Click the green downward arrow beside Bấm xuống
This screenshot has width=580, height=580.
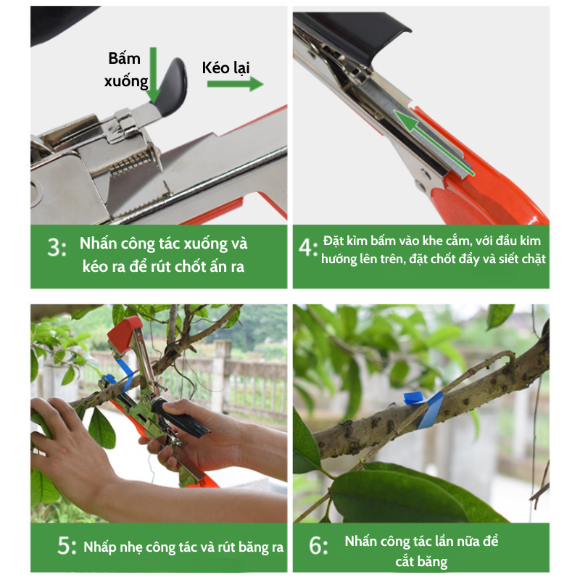[154, 75]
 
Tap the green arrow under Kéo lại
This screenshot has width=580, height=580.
[235, 83]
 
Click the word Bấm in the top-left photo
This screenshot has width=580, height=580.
[124, 59]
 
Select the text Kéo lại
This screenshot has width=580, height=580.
[225, 67]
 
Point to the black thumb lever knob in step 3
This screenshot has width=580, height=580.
[172, 87]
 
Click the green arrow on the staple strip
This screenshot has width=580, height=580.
[433, 142]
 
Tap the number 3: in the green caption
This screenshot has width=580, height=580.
[57, 247]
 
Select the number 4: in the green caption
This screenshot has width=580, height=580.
[308, 247]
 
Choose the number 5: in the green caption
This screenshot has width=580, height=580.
[67, 546]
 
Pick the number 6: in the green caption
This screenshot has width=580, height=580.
[318, 546]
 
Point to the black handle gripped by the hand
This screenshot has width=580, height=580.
[180, 418]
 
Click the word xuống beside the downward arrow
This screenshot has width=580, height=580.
[126, 81]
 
